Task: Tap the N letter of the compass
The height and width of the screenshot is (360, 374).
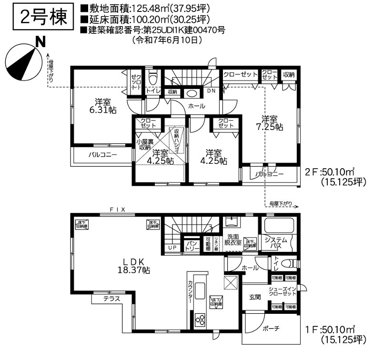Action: pos(41,42)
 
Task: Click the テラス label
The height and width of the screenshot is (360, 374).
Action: pos(111,299)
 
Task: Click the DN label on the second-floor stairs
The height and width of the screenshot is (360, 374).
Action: pos(211,90)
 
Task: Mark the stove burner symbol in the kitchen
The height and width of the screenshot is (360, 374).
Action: pos(200,320)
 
